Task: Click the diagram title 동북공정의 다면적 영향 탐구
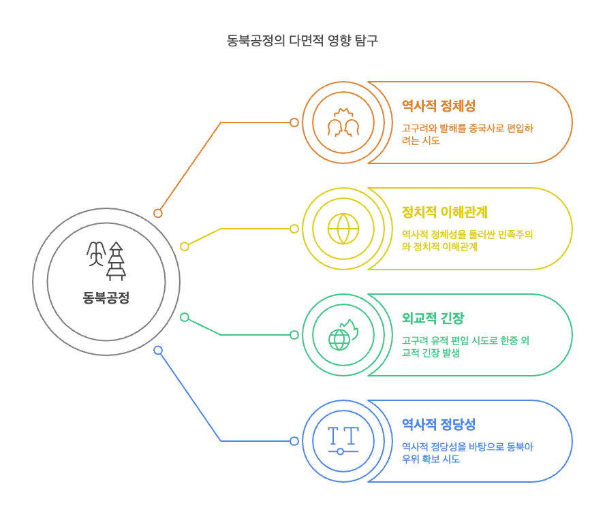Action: tap(302, 40)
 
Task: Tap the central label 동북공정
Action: tap(106, 297)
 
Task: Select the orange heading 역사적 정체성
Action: tap(438, 106)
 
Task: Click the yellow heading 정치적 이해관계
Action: tap(444, 212)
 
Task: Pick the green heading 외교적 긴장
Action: tap(433, 319)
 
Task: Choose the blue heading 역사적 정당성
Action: tap(438, 425)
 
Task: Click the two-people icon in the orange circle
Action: tap(343, 123)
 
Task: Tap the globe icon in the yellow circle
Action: tap(343, 229)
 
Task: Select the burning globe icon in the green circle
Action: tap(343, 335)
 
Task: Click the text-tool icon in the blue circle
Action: tap(343, 441)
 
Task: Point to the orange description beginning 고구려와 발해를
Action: tap(467, 134)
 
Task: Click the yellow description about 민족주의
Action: tap(467, 240)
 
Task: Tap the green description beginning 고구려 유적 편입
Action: tap(465, 347)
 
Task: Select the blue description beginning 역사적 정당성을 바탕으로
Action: tap(467, 453)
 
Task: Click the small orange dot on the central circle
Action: tap(158, 213)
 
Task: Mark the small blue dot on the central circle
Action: tap(158, 351)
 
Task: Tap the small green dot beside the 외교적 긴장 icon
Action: tap(294, 335)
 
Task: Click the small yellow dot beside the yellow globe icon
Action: tap(294, 229)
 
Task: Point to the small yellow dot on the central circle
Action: tap(185, 246)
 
